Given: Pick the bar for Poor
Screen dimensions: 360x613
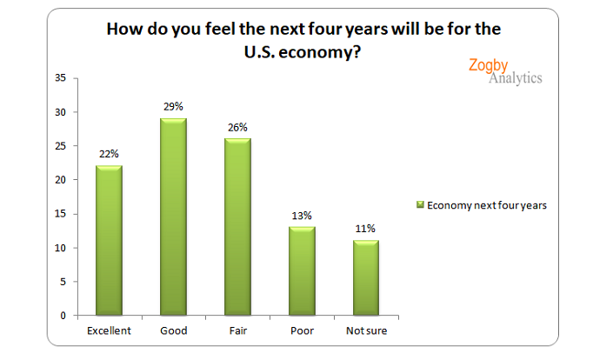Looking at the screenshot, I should pos(301,270).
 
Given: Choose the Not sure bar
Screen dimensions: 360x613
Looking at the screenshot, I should pos(365,277).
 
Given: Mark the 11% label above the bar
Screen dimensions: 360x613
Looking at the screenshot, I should pos(365,229).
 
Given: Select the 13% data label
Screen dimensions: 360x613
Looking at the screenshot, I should pos(301,215).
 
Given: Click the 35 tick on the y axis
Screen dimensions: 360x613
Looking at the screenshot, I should pos(60,78).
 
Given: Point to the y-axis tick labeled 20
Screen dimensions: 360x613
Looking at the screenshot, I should pos(60,180).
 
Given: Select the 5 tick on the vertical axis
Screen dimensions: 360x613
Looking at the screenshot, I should pos(63,282).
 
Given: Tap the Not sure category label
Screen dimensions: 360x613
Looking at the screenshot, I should pos(366,330).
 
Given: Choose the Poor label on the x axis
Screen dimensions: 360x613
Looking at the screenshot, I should pos(301,330).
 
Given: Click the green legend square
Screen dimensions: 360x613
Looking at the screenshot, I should pos(419,205).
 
